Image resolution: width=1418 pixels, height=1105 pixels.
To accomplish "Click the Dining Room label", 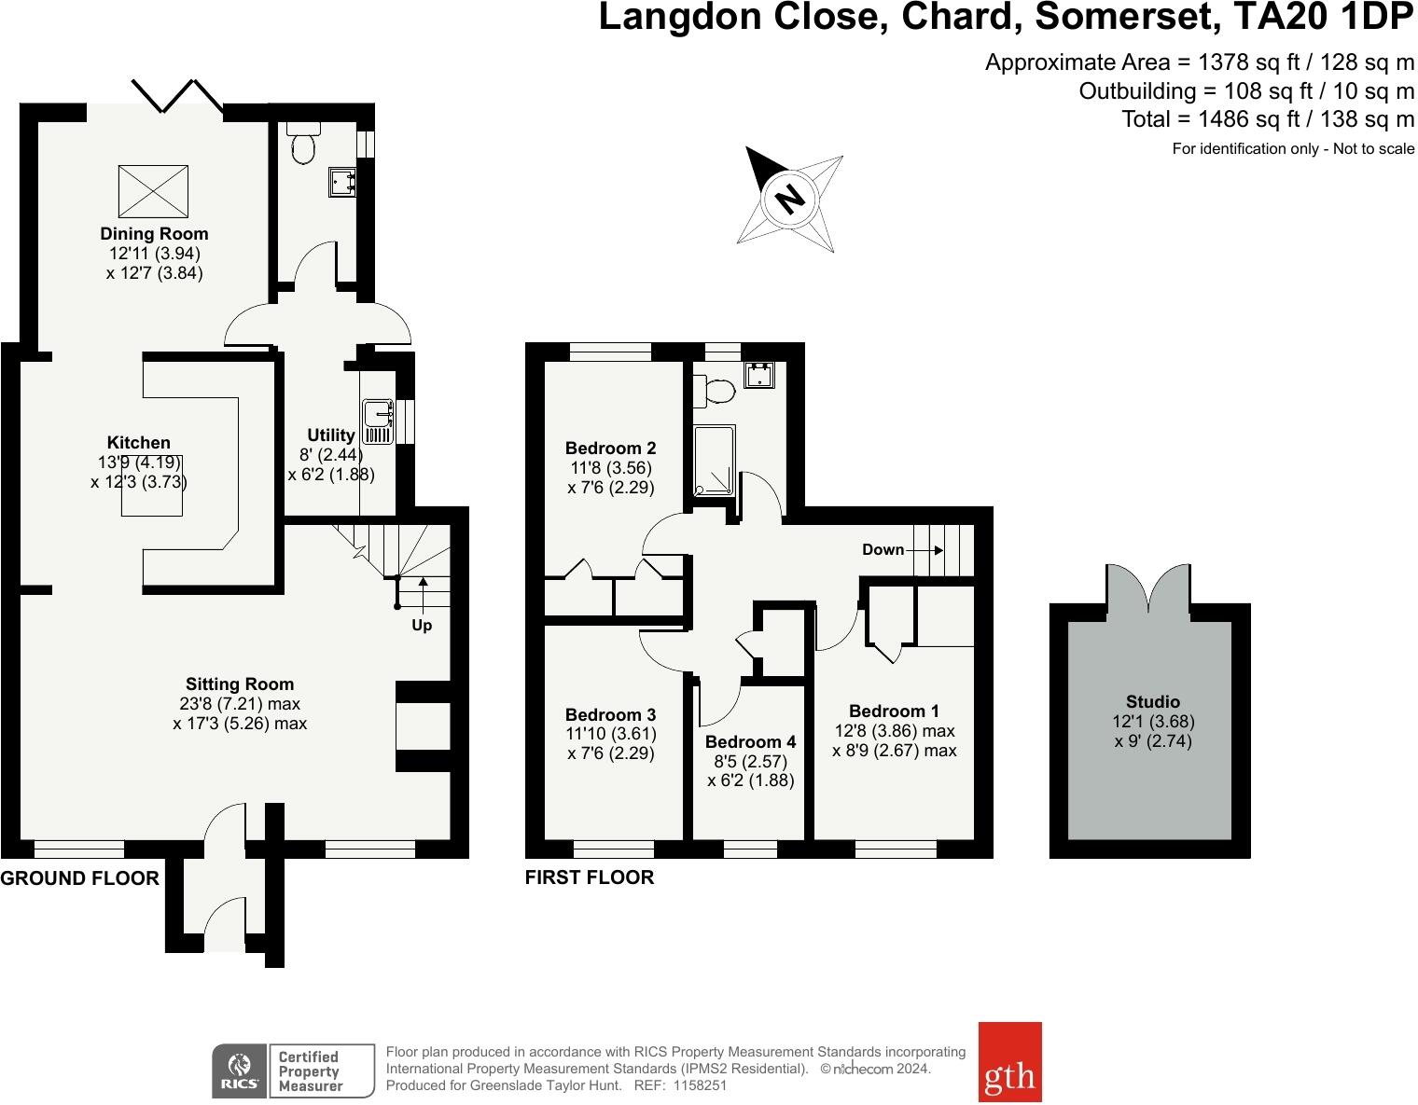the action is pos(154,233).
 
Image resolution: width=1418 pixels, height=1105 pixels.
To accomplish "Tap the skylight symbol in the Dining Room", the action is pos(153,191).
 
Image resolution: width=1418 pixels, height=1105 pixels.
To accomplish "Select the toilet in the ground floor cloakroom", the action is pos(303,142).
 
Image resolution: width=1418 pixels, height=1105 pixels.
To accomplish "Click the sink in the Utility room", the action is pos(378,421).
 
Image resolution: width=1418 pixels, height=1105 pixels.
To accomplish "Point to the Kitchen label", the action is pos(138,442).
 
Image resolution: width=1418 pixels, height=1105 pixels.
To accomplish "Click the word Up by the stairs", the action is pos(422,626).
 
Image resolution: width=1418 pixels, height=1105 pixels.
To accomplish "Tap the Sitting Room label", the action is pos(240,684).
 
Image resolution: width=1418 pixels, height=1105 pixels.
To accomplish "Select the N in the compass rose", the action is pos(790,199).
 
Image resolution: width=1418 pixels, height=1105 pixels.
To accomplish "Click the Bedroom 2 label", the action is pos(610,449).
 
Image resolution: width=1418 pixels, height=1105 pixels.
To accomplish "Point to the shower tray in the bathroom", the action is pos(714,461).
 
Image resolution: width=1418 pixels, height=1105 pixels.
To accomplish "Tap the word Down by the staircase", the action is pos(883,549).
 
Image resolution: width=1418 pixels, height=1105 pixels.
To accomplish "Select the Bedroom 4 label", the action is pos(750,741).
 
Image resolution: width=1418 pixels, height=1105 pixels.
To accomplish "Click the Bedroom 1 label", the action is pos(894,711).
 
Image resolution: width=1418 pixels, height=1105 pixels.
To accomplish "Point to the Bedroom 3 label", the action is pos(610,714).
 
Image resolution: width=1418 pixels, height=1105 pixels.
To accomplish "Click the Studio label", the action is pos(1153,701).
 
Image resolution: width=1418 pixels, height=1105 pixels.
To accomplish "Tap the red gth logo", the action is pos(1009,1062).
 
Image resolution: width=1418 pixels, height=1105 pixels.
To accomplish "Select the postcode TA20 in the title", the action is pos(1280,18).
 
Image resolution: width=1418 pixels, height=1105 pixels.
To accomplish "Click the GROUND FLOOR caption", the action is pos(79,878).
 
